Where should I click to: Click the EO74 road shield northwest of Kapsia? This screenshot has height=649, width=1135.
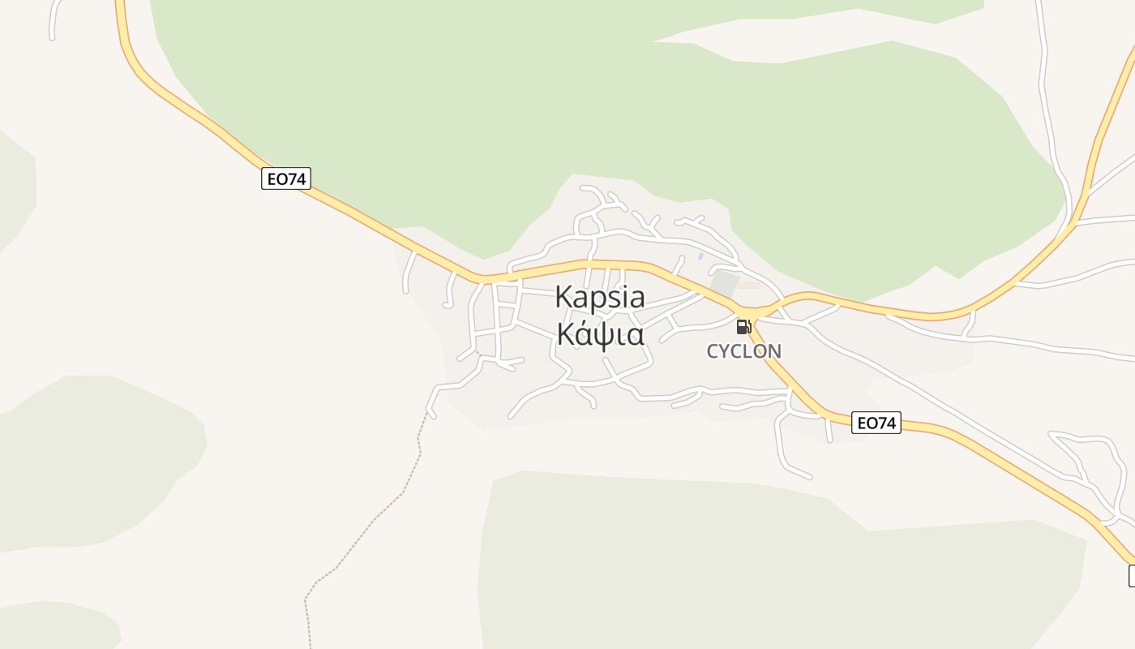[286, 178]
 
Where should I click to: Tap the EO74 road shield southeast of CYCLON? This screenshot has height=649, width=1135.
[876, 423]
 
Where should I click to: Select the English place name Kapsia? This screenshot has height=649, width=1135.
[600, 297]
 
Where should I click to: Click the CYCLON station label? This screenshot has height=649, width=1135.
[744, 351]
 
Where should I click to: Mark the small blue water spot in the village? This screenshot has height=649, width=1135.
[700, 256]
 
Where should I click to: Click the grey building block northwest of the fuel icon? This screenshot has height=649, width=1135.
[724, 285]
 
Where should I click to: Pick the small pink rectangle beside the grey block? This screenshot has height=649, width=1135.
[750, 286]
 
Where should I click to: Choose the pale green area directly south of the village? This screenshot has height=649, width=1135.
[730, 560]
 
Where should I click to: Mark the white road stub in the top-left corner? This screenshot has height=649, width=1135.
[55, 20]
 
